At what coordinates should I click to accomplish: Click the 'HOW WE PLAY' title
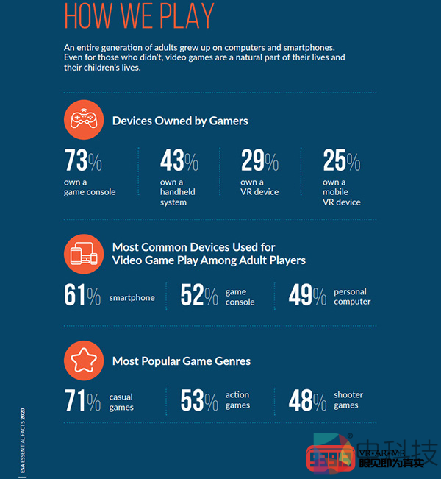click(139, 15)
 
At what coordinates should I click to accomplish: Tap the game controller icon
click(82, 120)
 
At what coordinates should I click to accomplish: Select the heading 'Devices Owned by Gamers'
click(180, 121)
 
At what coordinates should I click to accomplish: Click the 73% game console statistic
click(83, 160)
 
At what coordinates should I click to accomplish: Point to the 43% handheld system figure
click(179, 160)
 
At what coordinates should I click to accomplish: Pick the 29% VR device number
click(259, 160)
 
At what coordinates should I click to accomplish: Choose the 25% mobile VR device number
click(341, 160)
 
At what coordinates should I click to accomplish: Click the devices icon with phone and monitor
click(82, 254)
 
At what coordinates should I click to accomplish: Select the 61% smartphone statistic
click(82, 296)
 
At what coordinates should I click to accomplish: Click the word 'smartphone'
click(132, 298)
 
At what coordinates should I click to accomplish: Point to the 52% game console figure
click(199, 296)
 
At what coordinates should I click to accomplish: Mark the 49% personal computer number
click(307, 296)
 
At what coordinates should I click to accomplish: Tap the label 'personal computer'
click(352, 297)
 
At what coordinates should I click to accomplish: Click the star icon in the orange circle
click(82, 360)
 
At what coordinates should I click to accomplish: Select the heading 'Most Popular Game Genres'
click(182, 361)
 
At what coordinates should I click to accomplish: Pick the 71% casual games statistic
click(82, 402)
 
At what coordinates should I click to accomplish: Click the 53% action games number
click(199, 402)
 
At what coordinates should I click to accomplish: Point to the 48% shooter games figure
click(307, 402)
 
